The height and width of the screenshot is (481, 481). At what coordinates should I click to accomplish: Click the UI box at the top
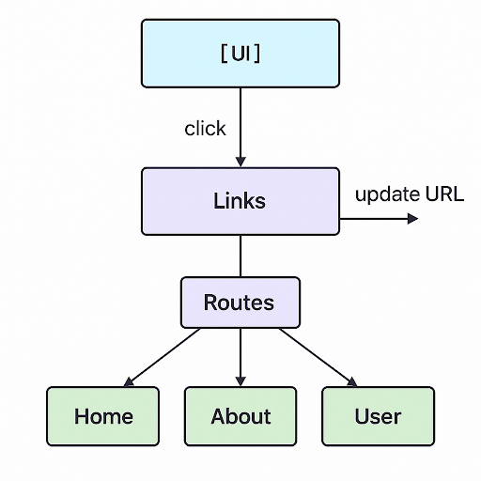240,54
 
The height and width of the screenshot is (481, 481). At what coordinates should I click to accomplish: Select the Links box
240,201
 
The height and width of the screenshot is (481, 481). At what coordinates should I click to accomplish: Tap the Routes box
240,303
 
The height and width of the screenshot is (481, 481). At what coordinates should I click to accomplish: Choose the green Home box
103,416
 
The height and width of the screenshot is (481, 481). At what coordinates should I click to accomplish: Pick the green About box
240,416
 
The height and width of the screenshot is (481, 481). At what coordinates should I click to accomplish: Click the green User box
378,416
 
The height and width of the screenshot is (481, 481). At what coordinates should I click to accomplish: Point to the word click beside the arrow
205,129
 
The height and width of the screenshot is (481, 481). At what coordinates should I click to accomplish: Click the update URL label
409,195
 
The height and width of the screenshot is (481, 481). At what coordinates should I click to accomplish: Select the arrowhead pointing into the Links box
240,162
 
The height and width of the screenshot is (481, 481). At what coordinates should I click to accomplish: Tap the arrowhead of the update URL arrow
412,218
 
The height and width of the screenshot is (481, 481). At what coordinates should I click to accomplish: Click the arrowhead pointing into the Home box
130,381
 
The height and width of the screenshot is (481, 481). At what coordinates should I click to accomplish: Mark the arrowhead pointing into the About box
240,380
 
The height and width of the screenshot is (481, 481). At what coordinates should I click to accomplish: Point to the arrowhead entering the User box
351,381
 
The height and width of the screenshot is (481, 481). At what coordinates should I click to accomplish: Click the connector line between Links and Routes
240,256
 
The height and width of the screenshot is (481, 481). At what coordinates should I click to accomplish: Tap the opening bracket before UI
223,54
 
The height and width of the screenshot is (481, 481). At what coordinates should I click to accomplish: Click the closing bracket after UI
257,54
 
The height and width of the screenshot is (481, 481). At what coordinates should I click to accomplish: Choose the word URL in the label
444,195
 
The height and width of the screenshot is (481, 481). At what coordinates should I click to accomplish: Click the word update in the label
387,195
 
